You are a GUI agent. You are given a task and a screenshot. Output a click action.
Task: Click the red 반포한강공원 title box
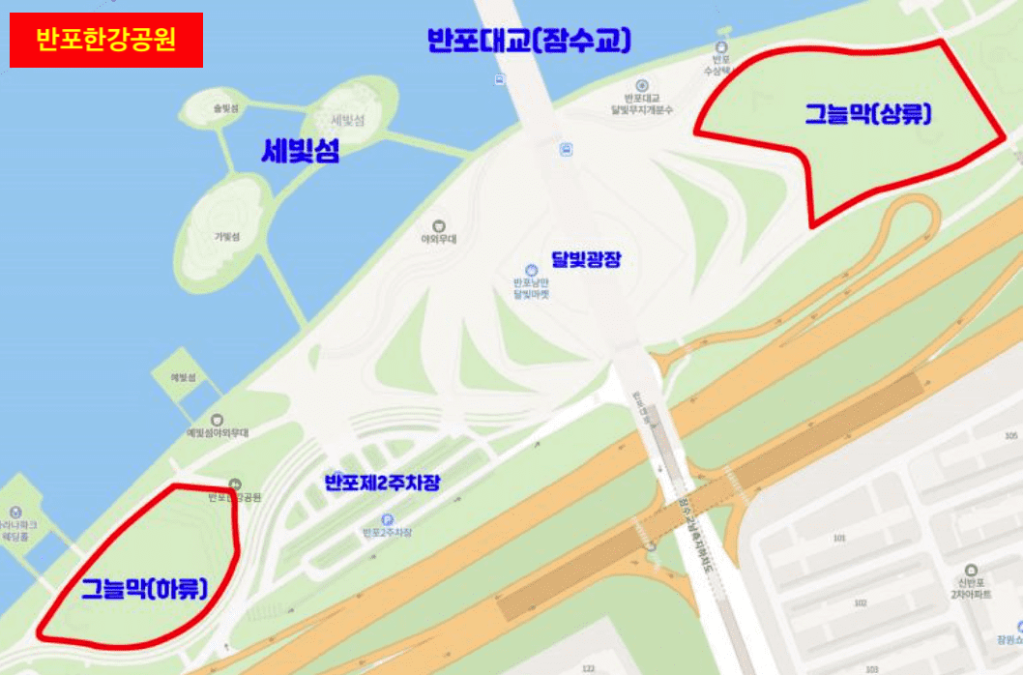point(106,41)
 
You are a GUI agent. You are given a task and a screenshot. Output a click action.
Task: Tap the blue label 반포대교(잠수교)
point(529,41)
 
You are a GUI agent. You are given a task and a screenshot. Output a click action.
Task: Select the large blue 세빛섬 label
point(301,151)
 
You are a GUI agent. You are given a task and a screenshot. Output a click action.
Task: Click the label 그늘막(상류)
point(868,114)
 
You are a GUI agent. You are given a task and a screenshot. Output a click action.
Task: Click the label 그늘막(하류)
point(145,587)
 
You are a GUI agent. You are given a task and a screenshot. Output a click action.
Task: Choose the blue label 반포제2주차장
point(382,482)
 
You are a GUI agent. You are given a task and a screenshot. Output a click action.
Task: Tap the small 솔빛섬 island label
point(225,109)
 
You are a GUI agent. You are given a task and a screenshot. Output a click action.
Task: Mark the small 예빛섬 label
point(182,377)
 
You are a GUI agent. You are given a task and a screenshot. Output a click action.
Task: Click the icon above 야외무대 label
point(438,224)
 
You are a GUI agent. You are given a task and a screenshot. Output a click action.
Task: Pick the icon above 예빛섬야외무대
point(217,420)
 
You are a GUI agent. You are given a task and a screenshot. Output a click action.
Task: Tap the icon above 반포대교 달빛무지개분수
point(641,85)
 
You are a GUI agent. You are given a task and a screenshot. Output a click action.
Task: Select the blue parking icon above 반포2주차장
point(387,519)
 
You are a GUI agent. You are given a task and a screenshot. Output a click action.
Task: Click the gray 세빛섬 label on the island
point(346,121)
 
